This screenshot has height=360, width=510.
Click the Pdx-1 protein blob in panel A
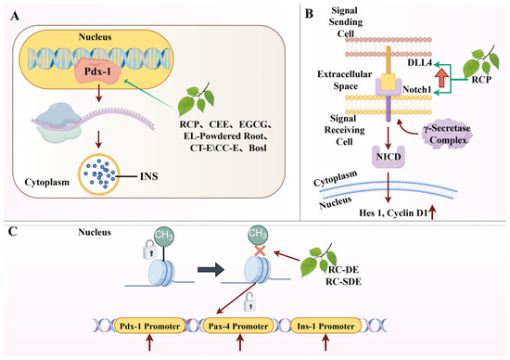98,71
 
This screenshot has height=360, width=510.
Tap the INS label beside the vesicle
149,176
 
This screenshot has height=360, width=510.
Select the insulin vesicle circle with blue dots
99,174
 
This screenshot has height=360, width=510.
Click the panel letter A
15,16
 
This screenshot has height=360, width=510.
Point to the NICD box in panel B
389,157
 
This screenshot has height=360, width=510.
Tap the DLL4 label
419,62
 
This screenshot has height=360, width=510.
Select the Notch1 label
416,89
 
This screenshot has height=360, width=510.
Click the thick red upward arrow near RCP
441,77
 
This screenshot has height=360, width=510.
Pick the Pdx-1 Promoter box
149,326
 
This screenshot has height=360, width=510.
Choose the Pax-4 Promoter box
238,326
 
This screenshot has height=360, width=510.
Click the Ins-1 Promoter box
325,326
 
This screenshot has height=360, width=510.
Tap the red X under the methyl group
261,251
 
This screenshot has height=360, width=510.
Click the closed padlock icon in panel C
150,250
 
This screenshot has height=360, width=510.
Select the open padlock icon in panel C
249,302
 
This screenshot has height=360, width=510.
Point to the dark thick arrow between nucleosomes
210,270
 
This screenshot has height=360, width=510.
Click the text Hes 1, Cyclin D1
393,213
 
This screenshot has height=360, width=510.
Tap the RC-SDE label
343,281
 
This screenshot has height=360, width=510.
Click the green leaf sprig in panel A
197,98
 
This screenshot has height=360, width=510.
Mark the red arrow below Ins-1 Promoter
325,343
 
